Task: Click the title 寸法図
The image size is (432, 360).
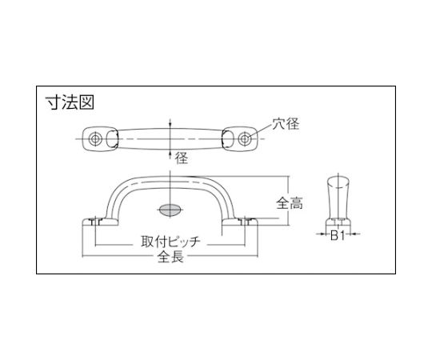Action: coord(70,102)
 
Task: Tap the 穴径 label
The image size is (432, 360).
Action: coord(286,124)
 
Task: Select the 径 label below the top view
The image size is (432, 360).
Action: coord(182,158)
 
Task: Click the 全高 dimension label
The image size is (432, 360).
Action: coord(290,203)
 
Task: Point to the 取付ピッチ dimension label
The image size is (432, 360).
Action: coord(171,242)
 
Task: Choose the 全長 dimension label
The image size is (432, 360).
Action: coord(170,257)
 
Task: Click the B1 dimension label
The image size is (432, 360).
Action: coord(338,235)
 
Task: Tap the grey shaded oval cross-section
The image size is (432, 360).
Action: coord(170,210)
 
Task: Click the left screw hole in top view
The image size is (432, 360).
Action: coord(95,138)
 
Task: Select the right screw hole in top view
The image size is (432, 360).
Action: coord(244,138)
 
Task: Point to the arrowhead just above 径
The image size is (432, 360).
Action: coord(170,153)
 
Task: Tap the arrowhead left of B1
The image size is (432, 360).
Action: coord(322,234)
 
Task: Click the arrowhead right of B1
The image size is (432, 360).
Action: coord(354,234)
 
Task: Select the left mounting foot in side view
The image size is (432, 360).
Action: coord(101,222)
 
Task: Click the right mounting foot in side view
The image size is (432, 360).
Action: coord(240,222)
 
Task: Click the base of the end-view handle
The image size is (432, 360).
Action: coord(338,222)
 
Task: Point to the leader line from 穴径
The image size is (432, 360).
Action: coord(260,131)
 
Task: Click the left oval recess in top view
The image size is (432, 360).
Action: coord(112,139)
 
